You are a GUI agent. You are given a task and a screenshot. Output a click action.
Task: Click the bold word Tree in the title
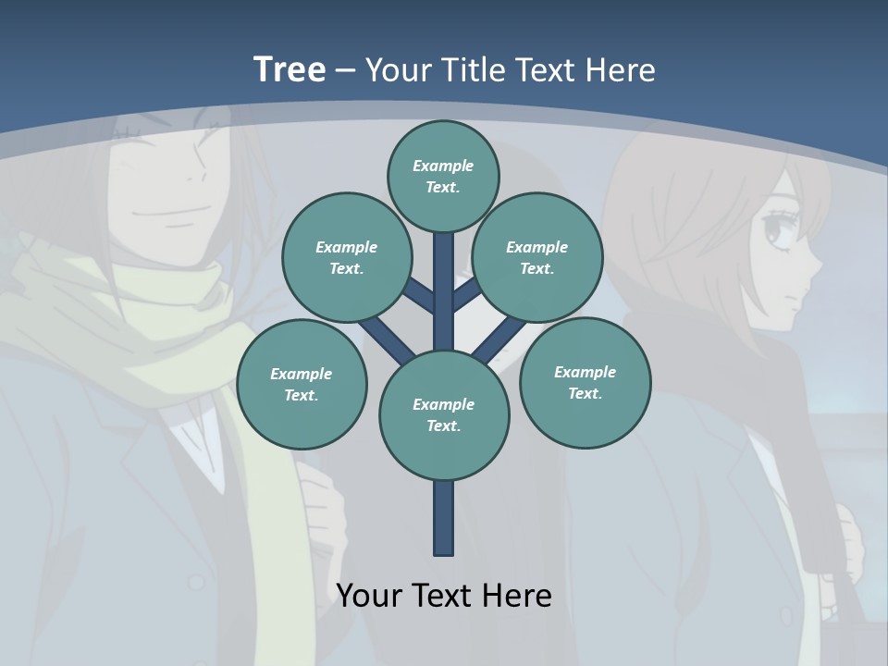coord(290,69)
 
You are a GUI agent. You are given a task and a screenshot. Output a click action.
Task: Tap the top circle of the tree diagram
coord(443,176)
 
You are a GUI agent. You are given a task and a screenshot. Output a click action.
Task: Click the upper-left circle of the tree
coord(346,257)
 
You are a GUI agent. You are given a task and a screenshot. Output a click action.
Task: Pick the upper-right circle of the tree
coord(536,257)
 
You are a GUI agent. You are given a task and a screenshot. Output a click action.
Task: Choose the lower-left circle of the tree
coord(301,384)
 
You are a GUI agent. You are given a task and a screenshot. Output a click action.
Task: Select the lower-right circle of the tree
coord(585,382)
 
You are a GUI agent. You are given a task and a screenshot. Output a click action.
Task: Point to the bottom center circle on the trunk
coord(444,414)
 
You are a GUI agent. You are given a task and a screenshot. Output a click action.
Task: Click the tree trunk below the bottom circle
coord(443,518)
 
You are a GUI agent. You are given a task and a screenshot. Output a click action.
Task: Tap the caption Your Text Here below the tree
coord(444,595)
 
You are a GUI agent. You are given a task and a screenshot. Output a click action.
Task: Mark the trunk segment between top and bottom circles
coord(443,287)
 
